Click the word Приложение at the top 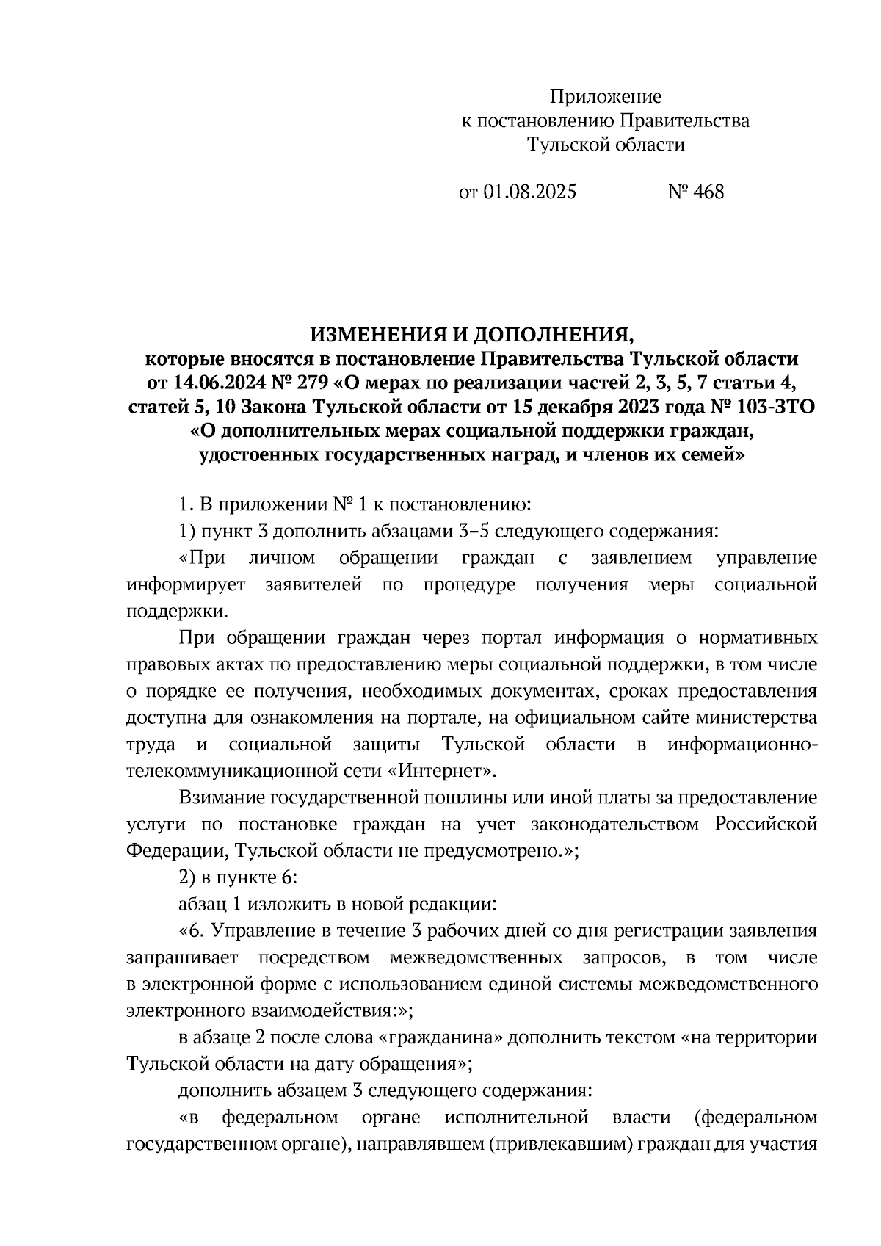(606, 96)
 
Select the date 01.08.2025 (529, 192)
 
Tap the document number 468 (708, 192)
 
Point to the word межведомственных (476, 958)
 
